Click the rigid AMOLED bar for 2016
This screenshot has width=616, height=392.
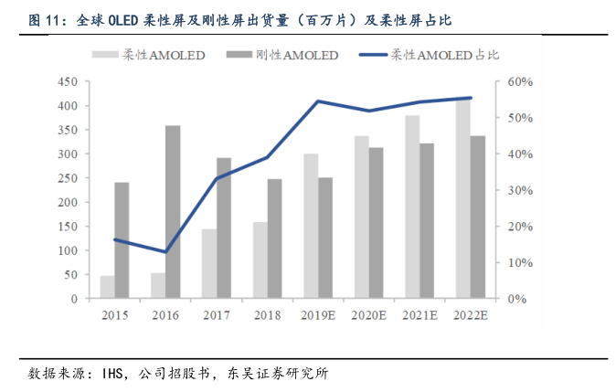[173, 212]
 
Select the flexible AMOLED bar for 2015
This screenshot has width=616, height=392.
[107, 287]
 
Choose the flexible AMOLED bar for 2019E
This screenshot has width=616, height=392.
[311, 227]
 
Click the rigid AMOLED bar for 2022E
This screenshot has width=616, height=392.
[478, 217]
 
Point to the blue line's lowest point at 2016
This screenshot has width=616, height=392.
[165, 252]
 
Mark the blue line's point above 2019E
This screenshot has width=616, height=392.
[318, 101]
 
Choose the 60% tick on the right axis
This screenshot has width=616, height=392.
[519, 82]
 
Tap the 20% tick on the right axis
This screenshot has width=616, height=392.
[519, 227]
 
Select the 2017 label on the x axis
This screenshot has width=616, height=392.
[217, 314]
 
